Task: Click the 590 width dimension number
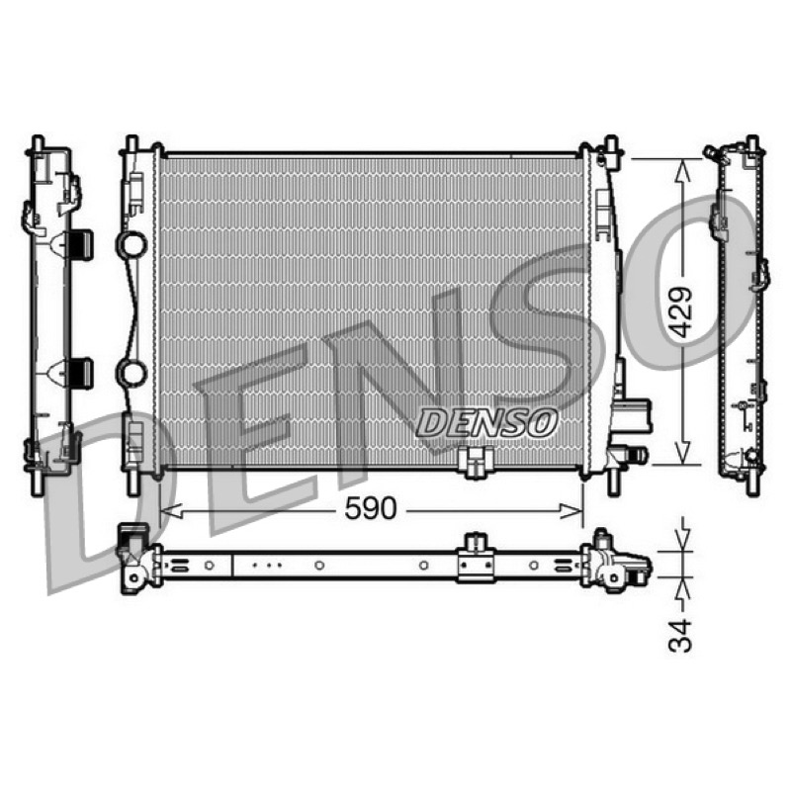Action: [x=370, y=508]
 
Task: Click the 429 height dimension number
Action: [x=682, y=312]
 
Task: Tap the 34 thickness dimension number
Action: [x=680, y=635]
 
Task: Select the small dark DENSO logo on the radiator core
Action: [x=486, y=422]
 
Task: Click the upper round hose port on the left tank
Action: [x=132, y=244]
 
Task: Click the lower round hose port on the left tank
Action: [x=132, y=372]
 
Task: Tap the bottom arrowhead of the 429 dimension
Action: [x=682, y=452]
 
